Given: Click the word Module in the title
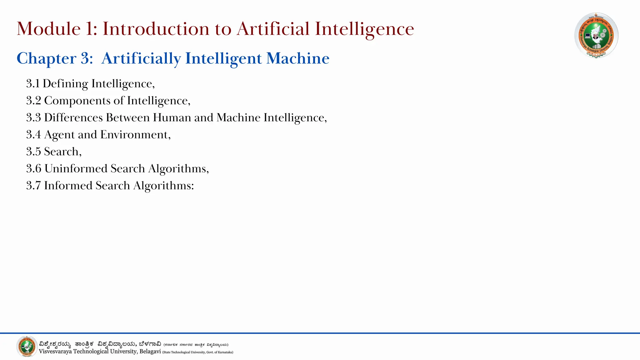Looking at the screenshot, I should pyautogui.click(x=49, y=29).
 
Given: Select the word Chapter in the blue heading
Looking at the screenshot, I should pyautogui.click(x=46, y=58).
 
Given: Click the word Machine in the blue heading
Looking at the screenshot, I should pyautogui.click(x=298, y=58).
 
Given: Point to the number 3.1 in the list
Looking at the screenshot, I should pyautogui.click(x=33, y=84).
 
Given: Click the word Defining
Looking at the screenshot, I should pyautogui.click(x=65, y=84).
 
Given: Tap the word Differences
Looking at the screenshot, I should pyautogui.click(x=73, y=117).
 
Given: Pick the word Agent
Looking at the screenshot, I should pyautogui.click(x=59, y=135).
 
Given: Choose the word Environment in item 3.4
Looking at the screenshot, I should pyautogui.click(x=134, y=135).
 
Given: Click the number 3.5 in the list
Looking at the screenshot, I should pyautogui.click(x=33, y=152).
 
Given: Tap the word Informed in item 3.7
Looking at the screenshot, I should pyautogui.click(x=68, y=186).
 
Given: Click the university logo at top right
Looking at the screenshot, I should pyautogui.click(x=596, y=35).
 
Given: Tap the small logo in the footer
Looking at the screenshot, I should pyautogui.click(x=27, y=347).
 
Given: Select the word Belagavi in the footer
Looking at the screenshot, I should pyautogui.click(x=150, y=352).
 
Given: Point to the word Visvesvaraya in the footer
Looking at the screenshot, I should pyautogui.click(x=55, y=352).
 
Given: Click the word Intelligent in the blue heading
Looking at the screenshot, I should pyautogui.click(x=223, y=58).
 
